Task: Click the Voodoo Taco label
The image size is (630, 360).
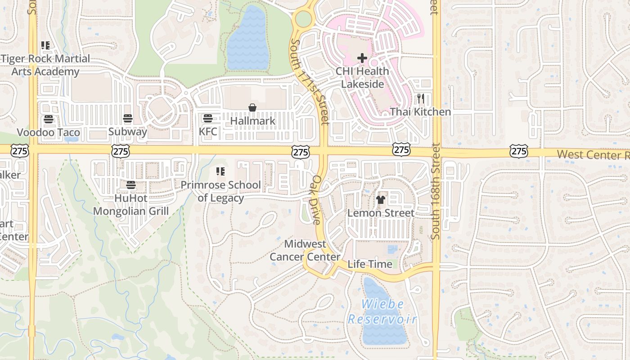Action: [x=48, y=132]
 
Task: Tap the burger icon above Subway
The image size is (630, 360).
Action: [x=128, y=119]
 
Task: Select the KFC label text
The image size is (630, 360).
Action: [x=208, y=131]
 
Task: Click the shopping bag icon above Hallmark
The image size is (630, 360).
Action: [x=252, y=108]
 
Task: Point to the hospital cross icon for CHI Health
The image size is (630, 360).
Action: [x=362, y=58]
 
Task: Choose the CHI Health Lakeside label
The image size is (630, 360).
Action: [x=362, y=77]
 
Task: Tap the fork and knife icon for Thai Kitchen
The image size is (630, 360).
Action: [x=421, y=99]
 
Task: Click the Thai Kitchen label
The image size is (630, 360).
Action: [x=420, y=112]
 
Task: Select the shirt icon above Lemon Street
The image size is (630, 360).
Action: [x=381, y=200]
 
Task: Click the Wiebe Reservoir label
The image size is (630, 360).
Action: [x=382, y=312]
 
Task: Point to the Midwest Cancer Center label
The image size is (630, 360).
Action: [x=305, y=250]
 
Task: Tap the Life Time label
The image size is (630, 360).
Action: [x=370, y=264]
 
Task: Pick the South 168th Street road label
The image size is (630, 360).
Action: [x=435, y=191]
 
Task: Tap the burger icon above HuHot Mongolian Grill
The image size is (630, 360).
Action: [x=131, y=184]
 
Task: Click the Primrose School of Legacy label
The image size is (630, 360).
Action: [x=220, y=191]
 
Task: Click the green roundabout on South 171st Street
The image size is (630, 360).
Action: [x=304, y=19]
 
